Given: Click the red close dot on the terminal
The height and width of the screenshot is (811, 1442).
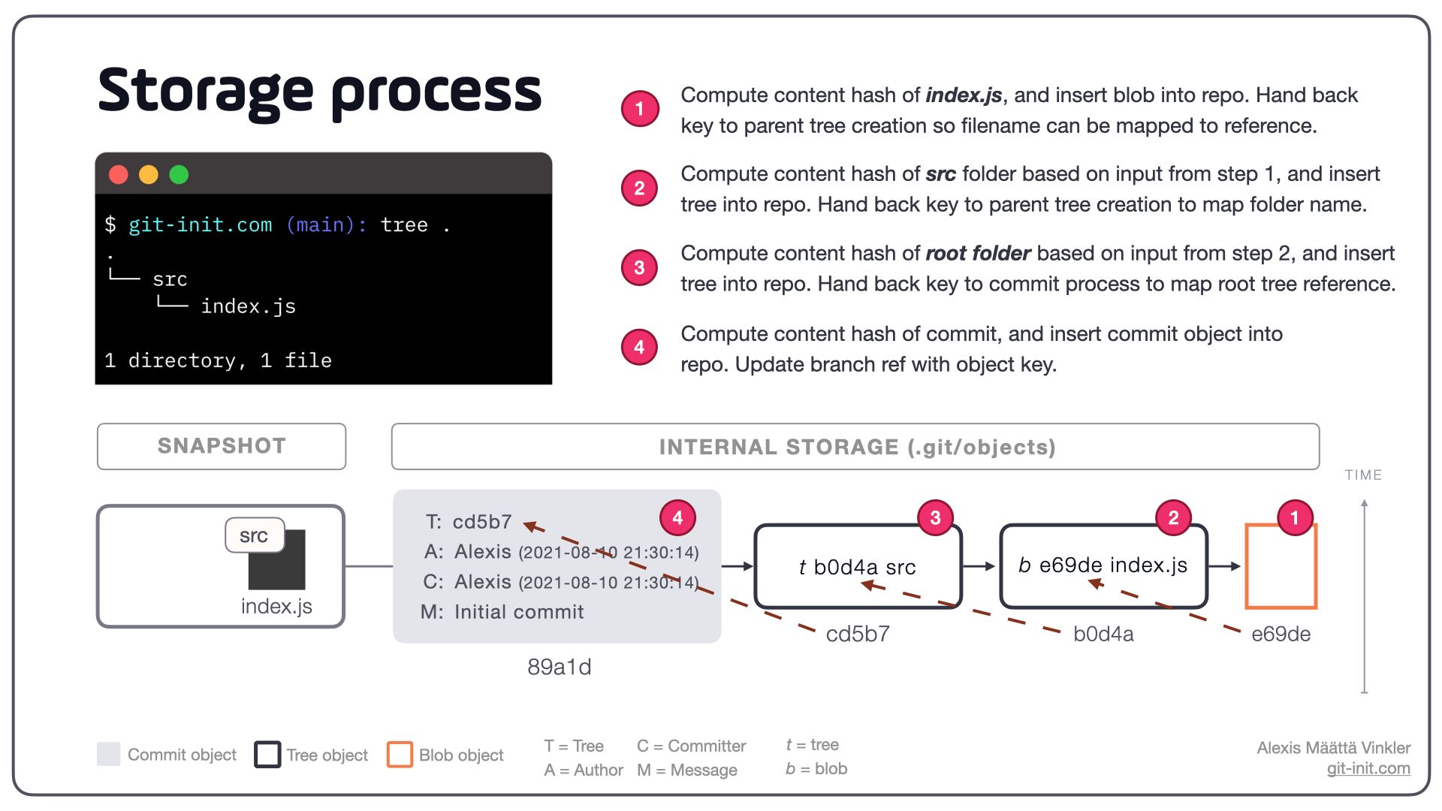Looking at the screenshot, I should (x=119, y=175).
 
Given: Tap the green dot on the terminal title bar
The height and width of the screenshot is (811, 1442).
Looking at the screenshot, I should (x=179, y=175).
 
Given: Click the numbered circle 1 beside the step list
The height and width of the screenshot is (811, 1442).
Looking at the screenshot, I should (x=639, y=109).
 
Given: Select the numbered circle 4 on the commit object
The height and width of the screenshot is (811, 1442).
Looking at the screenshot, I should (x=677, y=517).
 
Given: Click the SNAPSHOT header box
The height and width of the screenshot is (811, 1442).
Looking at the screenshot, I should (x=222, y=446).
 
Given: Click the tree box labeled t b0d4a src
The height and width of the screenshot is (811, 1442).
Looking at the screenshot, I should (x=857, y=567).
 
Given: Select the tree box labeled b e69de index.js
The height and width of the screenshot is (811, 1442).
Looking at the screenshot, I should (x=1103, y=565).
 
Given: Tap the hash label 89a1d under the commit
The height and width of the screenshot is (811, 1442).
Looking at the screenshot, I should (x=559, y=667).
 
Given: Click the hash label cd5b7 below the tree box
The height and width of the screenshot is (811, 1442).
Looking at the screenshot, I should (x=857, y=635).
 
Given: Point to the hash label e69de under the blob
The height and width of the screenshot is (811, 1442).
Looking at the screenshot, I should (x=1281, y=635).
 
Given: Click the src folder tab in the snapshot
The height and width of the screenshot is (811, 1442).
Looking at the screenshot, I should (x=254, y=535).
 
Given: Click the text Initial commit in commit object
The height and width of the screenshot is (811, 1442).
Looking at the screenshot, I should (x=518, y=612).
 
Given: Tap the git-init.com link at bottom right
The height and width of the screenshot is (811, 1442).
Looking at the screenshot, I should (x=1368, y=768).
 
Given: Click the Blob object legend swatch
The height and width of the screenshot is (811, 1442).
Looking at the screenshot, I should (x=400, y=755).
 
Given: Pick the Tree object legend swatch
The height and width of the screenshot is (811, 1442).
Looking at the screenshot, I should (x=267, y=755).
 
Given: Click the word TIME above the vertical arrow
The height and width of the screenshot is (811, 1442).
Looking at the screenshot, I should (x=1363, y=475).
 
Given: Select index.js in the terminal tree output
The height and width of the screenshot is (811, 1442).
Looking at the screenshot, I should (x=248, y=306).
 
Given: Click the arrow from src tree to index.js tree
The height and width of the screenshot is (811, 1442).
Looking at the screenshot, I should (x=979, y=566).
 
